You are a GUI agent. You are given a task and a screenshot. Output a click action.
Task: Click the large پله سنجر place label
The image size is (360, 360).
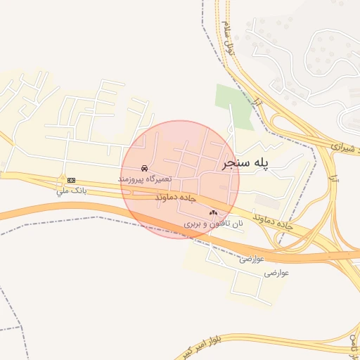246,163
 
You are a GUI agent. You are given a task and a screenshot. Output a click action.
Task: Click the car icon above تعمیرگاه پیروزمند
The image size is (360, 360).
143,169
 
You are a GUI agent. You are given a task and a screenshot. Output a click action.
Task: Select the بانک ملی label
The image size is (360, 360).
72,191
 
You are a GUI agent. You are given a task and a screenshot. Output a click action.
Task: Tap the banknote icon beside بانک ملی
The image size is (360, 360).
72,180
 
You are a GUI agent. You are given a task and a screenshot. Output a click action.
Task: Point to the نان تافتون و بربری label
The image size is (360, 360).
213,223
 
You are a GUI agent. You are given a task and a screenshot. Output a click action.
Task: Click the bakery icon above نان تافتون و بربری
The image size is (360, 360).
213,212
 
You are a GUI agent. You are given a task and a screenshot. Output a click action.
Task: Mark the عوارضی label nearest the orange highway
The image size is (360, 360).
251,258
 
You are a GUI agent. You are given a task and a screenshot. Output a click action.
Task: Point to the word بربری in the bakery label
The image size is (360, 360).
193,223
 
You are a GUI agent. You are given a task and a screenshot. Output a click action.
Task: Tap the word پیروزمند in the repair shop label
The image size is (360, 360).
131,181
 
